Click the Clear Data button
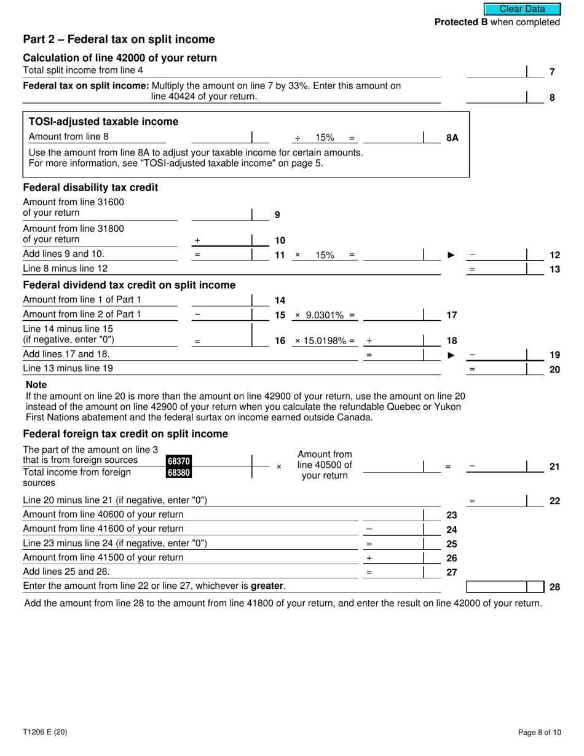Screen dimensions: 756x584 [x=522, y=9]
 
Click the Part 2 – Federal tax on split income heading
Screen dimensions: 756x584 [x=119, y=39]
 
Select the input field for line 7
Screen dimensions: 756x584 [x=496, y=71]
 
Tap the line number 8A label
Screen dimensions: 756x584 [x=452, y=138]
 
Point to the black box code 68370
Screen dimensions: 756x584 [x=178, y=461]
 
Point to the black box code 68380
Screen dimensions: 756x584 [x=178, y=473]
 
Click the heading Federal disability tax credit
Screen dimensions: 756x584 [x=90, y=187]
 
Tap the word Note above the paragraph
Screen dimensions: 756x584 [x=36, y=385]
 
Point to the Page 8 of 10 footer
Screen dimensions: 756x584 [x=539, y=732]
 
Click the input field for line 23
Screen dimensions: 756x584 [x=393, y=515]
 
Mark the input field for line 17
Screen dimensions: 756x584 [x=393, y=315]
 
